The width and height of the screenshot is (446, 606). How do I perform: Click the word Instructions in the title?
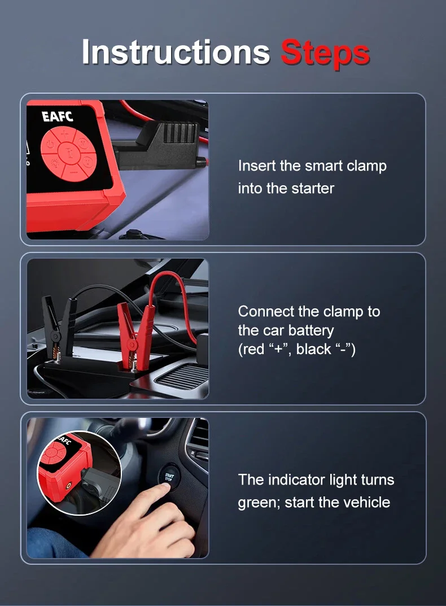[x=176, y=52]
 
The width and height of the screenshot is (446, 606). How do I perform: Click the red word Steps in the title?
[x=325, y=53]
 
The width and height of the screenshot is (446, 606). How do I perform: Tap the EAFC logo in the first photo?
[x=57, y=116]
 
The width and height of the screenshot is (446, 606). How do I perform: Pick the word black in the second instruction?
[x=314, y=349]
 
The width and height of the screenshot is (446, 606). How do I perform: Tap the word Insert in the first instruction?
[x=256, y=166]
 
